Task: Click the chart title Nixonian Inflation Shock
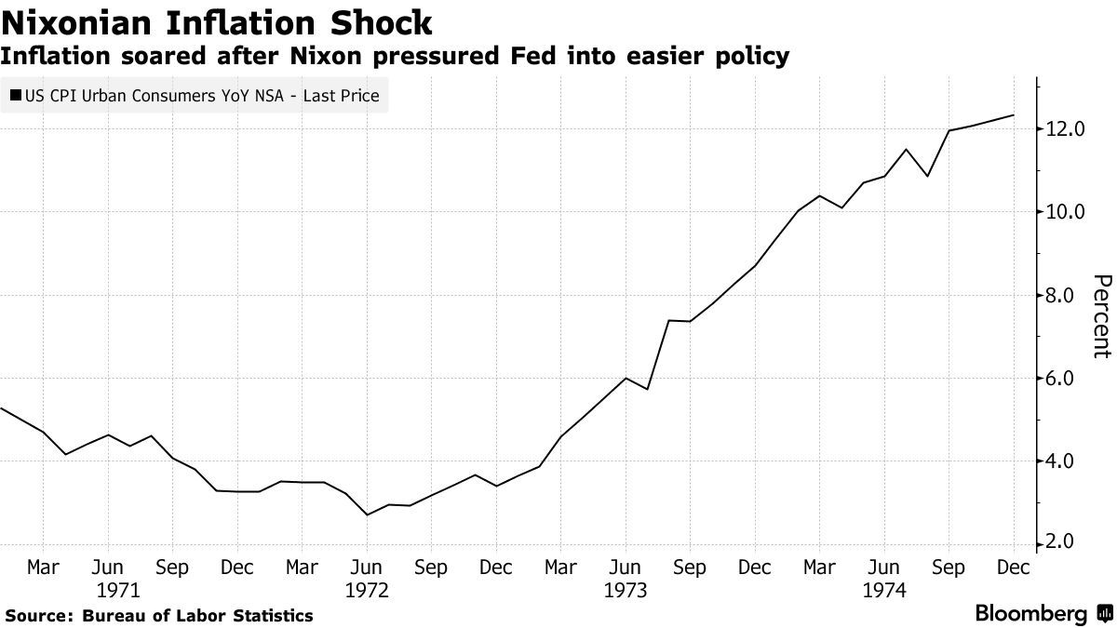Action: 217,22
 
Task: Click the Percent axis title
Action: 1101,316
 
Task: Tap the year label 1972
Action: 367,590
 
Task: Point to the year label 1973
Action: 625,590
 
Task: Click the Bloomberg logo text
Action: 1030,614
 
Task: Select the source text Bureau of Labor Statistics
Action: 197,616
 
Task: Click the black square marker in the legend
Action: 16,96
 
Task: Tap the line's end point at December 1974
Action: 1013,115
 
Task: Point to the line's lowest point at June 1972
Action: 367,514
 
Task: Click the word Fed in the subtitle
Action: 528,56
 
